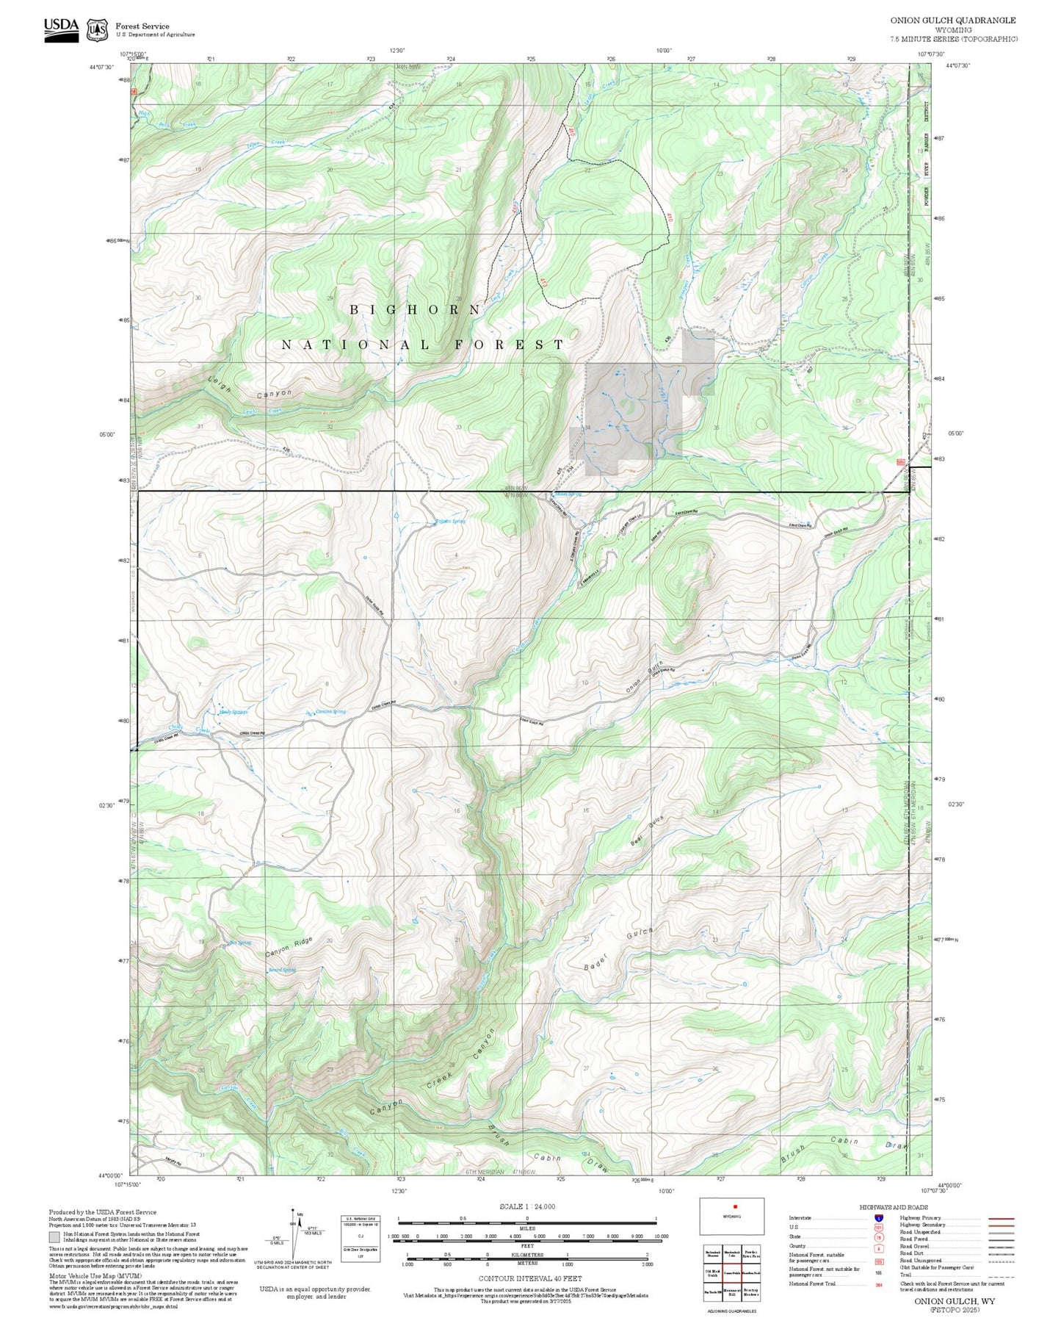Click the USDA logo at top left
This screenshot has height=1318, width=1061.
pyautogui.click(x=61, y=29)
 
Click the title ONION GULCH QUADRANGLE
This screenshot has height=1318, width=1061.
pyautogui.click(x=953, y=21)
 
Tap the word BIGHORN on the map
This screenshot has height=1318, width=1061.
pyautogui.click(x=415, y=310)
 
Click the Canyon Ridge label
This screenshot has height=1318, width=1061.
pyautogui.click(x=289, y=946)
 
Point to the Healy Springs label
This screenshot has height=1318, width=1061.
pyautogui.click(x=233, y=712)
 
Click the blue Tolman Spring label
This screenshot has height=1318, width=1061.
pyautogui.click(x=450, y=522)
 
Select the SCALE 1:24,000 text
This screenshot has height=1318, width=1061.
pyautogui.click(x=526, y=1206)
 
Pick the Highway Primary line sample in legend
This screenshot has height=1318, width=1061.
pyautogui.click(x=1002, y=1218)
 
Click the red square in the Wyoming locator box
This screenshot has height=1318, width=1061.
pyautogui.click(x=734, y=1206)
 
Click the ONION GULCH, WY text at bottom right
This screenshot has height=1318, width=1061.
pyautogui.click(x=955, y=1301)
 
